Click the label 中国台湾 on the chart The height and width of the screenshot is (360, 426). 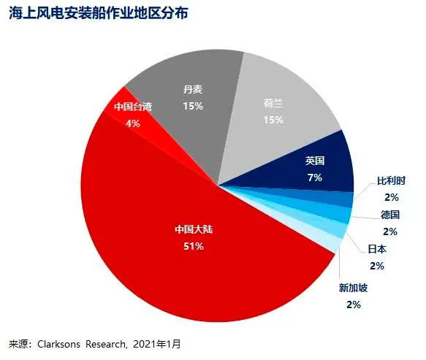coord(133,107)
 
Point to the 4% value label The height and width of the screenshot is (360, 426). coord(133,123)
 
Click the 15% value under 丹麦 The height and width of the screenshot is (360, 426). coord(193,106)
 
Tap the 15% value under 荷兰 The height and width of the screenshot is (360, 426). coord(273,120)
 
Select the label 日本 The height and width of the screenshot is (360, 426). coord(377,250)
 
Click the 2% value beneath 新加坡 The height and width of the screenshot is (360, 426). coord(354,305)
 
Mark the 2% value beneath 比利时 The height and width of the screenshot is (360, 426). coord(392,197)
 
